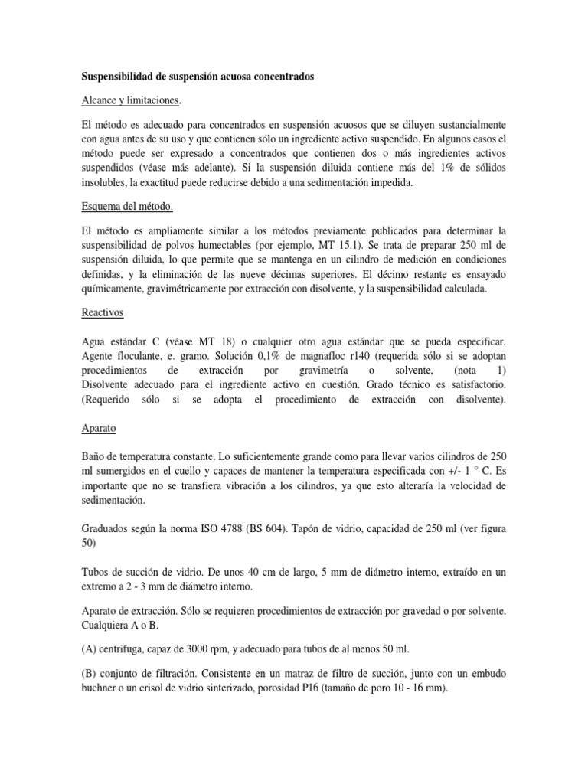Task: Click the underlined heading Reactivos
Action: tap(103, 313)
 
